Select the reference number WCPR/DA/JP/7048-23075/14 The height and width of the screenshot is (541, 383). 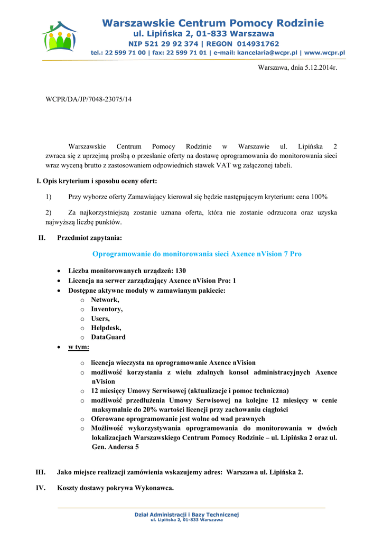click(x=89, y=99)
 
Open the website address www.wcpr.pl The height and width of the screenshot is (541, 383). click(x=324, y=53)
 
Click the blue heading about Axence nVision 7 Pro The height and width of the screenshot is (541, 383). click(x=197, y=254)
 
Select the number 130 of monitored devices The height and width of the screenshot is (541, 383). click(x=181, y=271)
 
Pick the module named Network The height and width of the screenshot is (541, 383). click(x=105, y=300)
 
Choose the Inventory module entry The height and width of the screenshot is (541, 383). click(x=107, y=309)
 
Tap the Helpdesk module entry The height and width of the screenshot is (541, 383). click(x=106, y=328)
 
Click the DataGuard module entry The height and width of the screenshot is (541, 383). click(x=108, y=337)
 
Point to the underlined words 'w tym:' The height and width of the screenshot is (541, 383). click(x=79, y=347)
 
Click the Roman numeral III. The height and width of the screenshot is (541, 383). click(x=40, y=472)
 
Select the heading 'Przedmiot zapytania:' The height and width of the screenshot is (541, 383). click(x=89, y=238)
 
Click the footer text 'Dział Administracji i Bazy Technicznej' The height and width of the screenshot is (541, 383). click(x=187, y=515)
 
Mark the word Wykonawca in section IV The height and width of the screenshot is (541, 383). click(x=154, y=488)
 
